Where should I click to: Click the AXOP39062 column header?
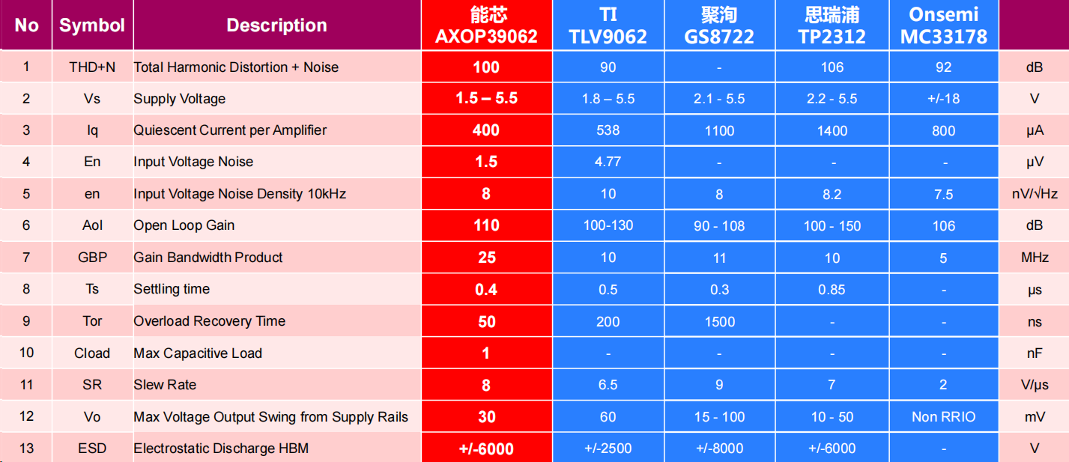tap(486, 25)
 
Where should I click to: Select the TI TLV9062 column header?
tap(608, 25)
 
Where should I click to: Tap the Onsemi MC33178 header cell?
tap(943, 25)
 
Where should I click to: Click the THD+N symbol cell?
tap(92, 67)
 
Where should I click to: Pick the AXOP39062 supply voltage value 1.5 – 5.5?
tap(486, 99)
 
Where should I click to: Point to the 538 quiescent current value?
tap(608, 130)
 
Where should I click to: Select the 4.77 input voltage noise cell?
tap(608, 162)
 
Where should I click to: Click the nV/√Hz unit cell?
tap(1035, 194)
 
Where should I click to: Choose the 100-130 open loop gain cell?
tap(608, 225)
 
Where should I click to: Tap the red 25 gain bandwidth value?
tap(486, 258)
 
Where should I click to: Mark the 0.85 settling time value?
tap(832, 290)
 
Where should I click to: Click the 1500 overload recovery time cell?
tap(719, 321)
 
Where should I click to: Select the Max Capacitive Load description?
tap(198, 353)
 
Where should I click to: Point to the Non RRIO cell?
tap(943, 417)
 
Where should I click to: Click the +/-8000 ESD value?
tap(719, 449)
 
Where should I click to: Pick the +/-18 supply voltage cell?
tap(943, 99)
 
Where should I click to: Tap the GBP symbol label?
tap(92, 258)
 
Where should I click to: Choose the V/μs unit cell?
tap(1035, 385)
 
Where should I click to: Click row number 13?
tap(26, 449)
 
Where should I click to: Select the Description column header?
tap(276, 25)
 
